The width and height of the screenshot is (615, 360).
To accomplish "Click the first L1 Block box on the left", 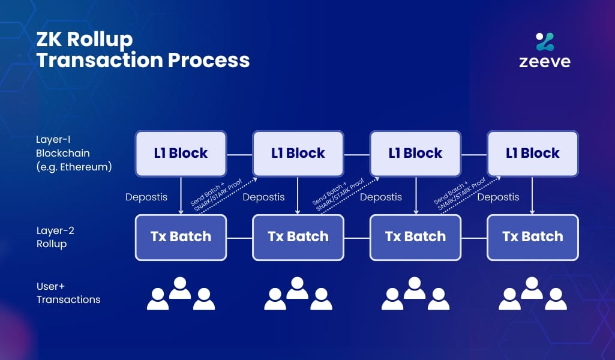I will tap(181, 154).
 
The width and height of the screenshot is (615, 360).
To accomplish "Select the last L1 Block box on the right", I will tap(532, 154).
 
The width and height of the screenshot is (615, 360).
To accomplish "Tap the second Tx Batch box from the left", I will tap(298, 237).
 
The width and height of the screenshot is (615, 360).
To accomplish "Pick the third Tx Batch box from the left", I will tap(415, 237).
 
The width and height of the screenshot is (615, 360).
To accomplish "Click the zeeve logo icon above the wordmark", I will tap(545, 41).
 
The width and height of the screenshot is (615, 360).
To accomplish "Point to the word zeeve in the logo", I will tap(545, 62).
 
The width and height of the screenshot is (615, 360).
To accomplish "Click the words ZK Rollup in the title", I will tap(85, 40).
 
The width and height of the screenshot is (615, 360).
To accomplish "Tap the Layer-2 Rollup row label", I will tap(55, 237).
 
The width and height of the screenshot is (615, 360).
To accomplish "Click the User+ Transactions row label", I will tap(68, 293).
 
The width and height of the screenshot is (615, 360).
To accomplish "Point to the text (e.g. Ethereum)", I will tap(74, 167).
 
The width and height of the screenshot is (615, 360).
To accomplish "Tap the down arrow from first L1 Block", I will tap(181, 196).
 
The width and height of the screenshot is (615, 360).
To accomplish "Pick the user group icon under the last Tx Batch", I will tap(532, 294).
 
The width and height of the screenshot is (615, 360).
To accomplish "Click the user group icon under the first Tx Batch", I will tap(181, 294).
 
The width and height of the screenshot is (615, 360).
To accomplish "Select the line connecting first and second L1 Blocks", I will tap(239, 154).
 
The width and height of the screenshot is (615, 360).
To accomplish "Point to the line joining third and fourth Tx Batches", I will tap(474, 238).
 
